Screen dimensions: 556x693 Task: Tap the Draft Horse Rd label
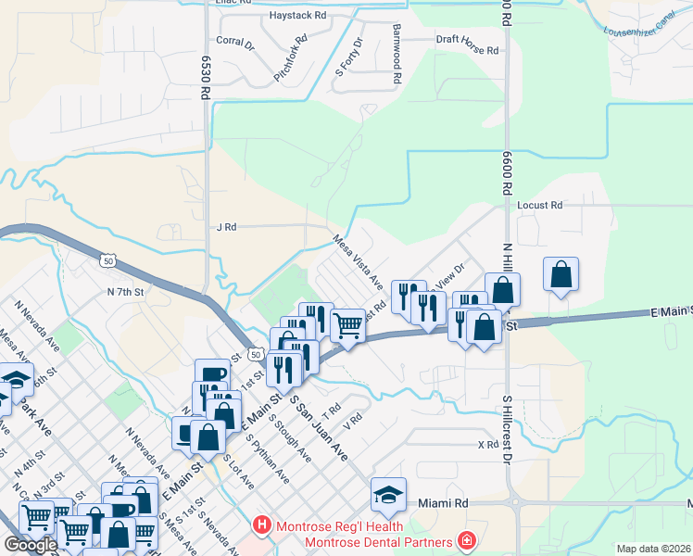point(468,51)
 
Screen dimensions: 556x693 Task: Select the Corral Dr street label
point(234,42)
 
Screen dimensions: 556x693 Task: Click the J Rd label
point(226,226)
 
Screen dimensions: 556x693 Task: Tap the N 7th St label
point(126,292)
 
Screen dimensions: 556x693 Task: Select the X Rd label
point(488,445)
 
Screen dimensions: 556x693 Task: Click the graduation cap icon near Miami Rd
point(388,494)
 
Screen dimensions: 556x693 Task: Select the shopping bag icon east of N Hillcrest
point(561,274)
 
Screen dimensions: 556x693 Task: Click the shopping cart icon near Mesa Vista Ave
point(347,325)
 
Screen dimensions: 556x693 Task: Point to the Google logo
point(31,544)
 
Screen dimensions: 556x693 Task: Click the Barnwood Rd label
point(396,55)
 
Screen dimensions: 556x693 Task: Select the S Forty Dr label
point(353,57)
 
